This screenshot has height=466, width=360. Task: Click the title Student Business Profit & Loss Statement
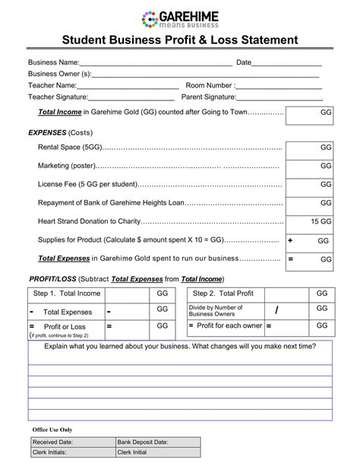180,40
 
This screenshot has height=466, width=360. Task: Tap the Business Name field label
53,62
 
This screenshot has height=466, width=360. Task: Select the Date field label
244,62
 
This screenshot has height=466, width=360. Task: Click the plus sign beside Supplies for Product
290,240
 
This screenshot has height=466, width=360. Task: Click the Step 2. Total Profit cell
223,293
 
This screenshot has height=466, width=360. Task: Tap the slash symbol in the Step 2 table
277,309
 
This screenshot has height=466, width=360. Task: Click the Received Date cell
71,442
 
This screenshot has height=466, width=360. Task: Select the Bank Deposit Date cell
158,442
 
